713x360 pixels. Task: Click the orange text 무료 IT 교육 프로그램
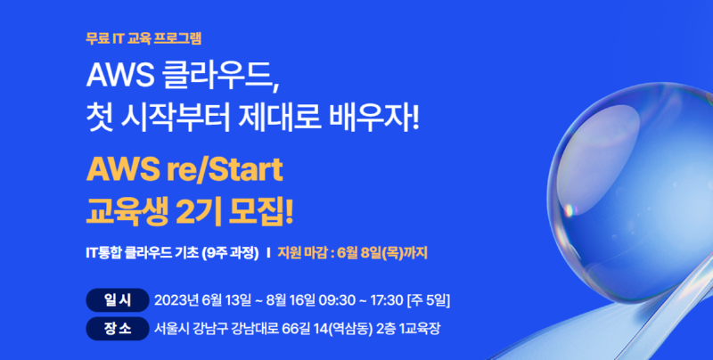pos(143,38)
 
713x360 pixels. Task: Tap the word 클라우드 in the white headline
pos(219,75)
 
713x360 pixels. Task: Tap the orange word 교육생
pos(127,212)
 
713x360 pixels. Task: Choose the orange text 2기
pos(198,212)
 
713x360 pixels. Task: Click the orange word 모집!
pos(261,212)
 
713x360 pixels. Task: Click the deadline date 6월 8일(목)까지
pos(382,253)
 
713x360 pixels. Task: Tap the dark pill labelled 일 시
pos(118,300)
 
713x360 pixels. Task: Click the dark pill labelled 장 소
pos(118,329)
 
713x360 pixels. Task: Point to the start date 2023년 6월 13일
pos(203,300)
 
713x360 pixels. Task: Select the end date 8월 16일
pos(291,300)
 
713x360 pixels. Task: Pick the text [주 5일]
pos(429,300)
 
